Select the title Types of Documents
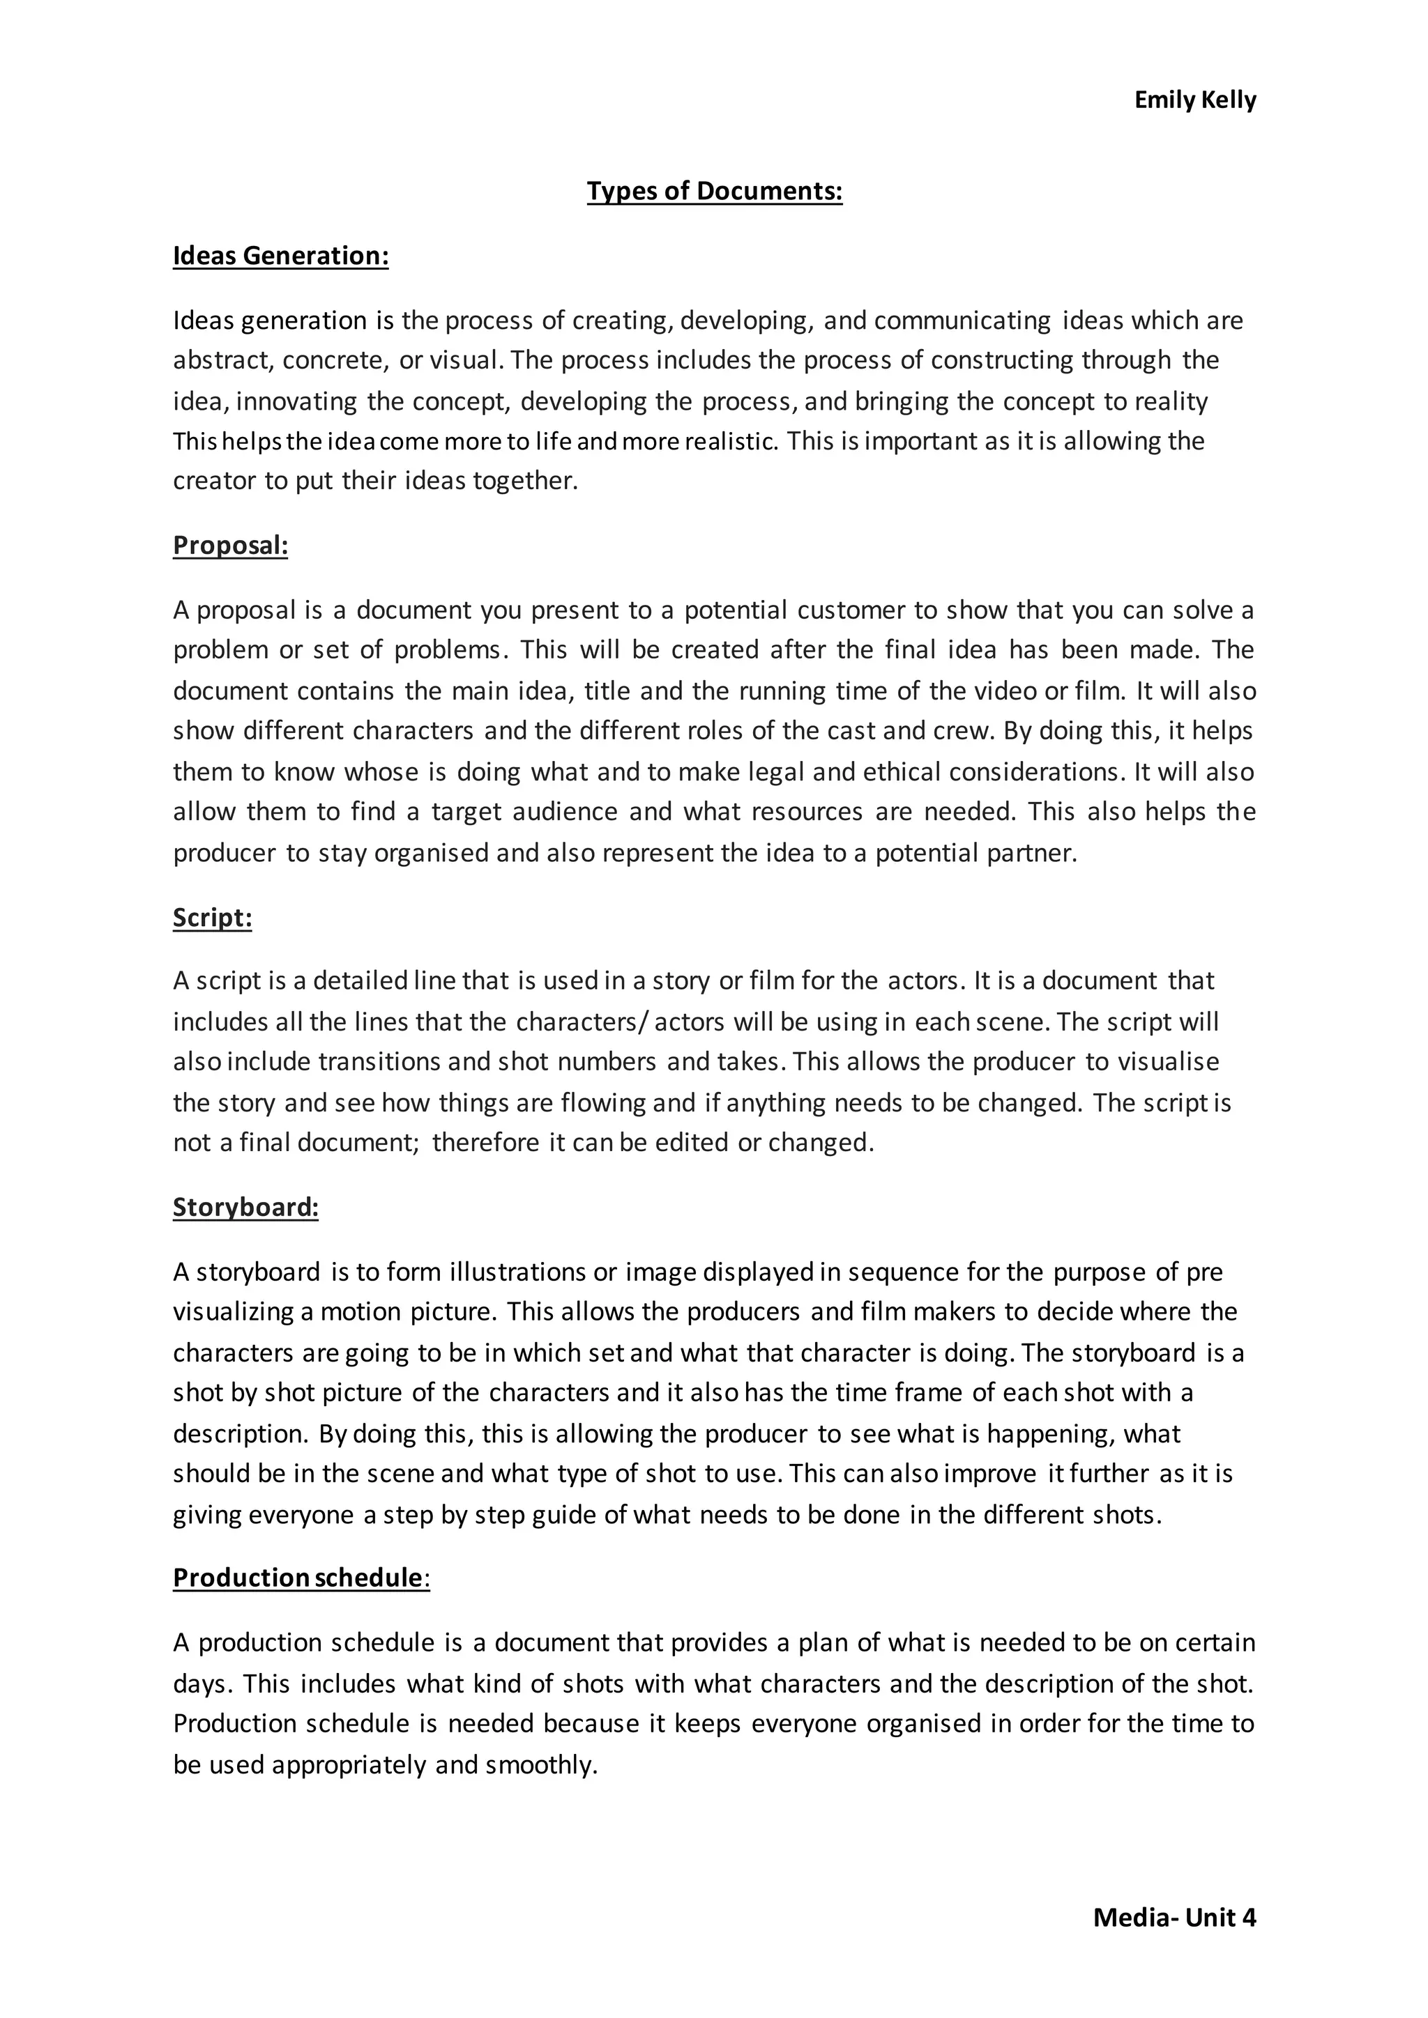(714, 191)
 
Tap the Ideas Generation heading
(280, 256)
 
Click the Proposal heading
(230, 546)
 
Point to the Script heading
(212, 918)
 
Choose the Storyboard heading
(245, 1208)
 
